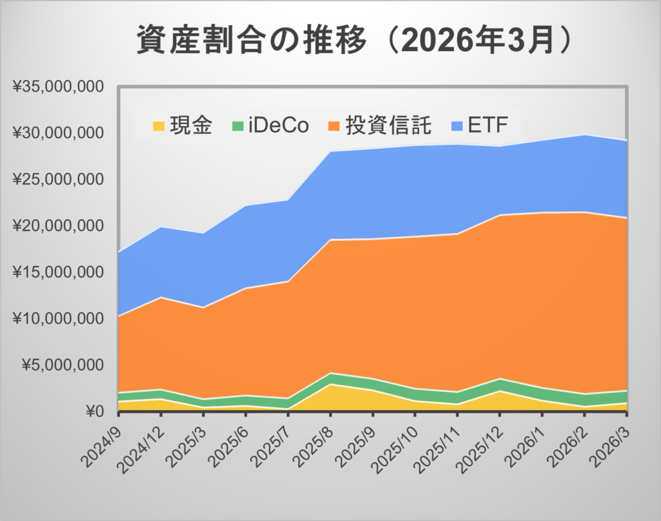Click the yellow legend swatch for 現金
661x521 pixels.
[158, 125]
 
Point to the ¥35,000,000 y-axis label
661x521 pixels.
[58, 87]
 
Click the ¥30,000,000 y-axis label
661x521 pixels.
[58, 133]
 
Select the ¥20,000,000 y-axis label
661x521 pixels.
[58, 226]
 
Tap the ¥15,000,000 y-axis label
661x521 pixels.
[58, 272]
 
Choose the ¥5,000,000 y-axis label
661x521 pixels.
[63, 365]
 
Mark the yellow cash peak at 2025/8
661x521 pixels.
[331, 385]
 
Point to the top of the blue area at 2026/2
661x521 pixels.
[584, 135]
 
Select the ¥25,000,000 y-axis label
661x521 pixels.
[58, 179]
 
